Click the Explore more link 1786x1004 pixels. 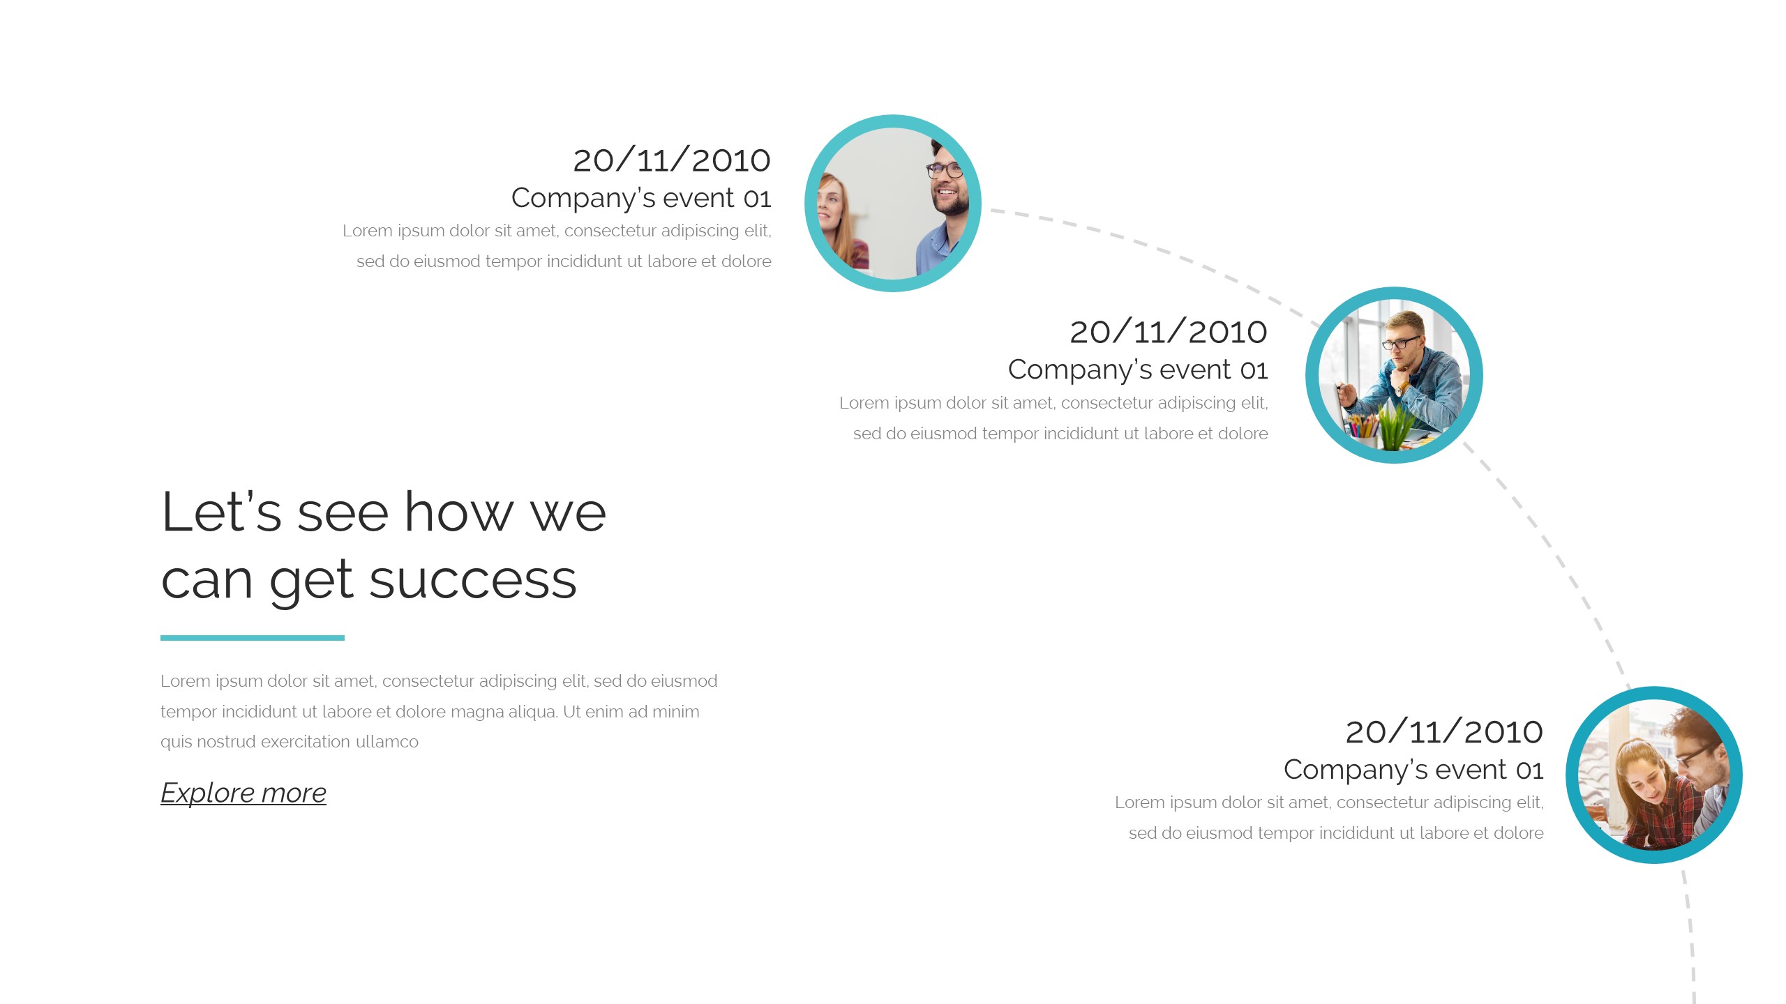click(x=243, y=793)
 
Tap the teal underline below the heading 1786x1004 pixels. click(x=253, y=638)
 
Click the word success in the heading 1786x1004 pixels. click(x=473, y=580)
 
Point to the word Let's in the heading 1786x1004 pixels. click(x=222, y=512)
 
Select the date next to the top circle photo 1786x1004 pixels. click(x=672, y=160)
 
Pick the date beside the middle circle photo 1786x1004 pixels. click(x=1169, y=332)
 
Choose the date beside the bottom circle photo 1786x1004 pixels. click(x=1444, y=732)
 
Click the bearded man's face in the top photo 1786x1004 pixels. click(x=947, y=182)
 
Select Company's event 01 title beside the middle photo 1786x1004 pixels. click(x=1138, y=370)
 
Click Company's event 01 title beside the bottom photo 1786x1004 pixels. click(x=1413, y=770)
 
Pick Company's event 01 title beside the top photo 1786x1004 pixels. click(x=641, y=199)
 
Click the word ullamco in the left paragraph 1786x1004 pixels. click(x=387, y=742)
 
